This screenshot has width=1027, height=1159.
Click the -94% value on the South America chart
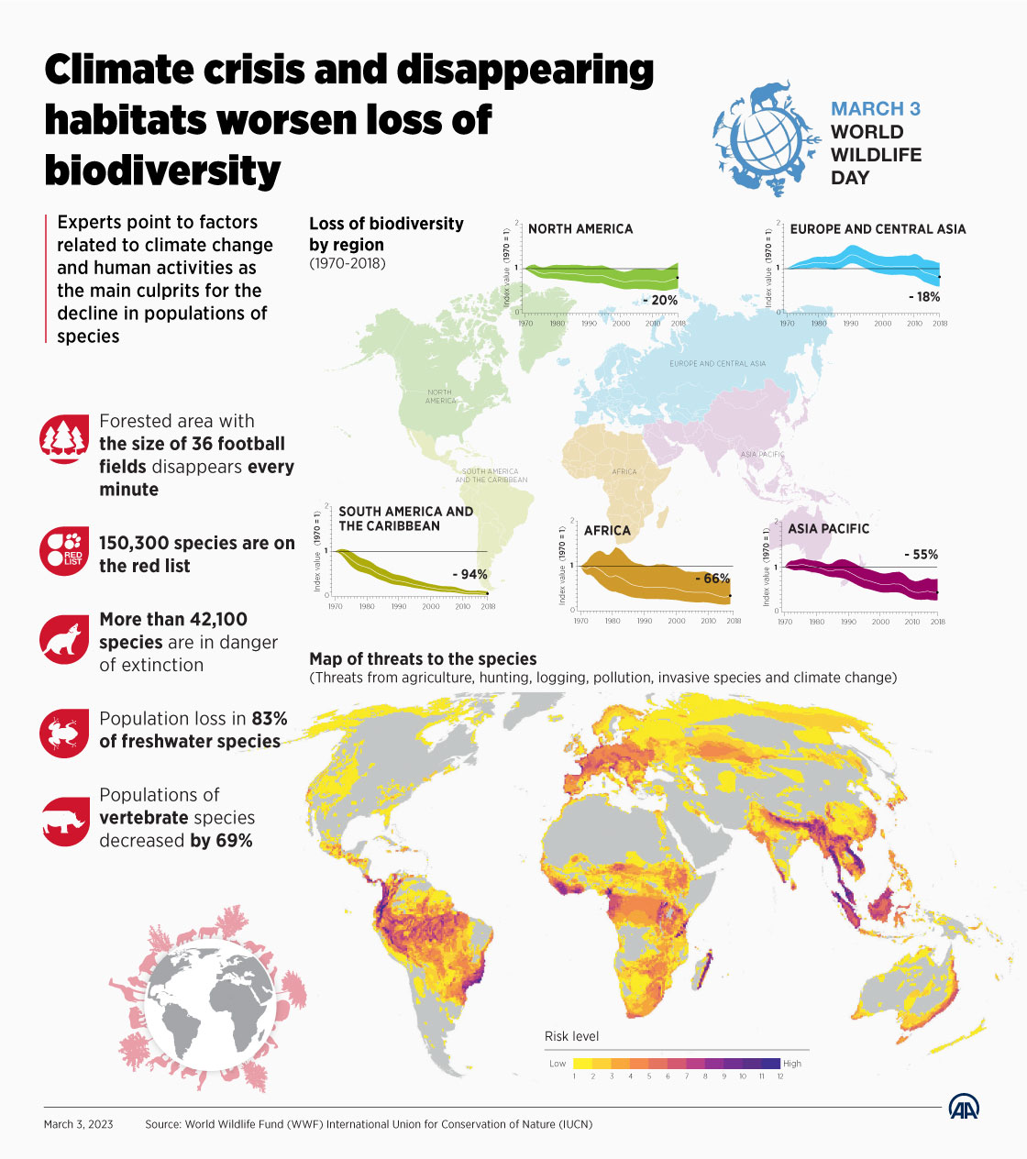point(469,575)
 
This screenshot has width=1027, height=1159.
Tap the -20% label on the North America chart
point(659,300)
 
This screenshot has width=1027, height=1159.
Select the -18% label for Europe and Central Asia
point(923,297)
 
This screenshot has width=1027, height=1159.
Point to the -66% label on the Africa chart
point(712,579)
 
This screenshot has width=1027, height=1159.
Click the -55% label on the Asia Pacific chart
point(921,555)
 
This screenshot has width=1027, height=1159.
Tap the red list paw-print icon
point(64,551)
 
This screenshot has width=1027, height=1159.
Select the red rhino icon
point(64,820)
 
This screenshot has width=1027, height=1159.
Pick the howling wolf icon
point(64,639)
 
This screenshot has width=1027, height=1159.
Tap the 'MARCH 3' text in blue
point(875,109)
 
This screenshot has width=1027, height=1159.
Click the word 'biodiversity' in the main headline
point(162,171)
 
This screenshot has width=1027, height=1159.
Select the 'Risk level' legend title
point(571,1036)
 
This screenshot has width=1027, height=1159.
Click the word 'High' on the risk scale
point(792,1064)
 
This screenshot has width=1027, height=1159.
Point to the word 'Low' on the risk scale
point(558,1064)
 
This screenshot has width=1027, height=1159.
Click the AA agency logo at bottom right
point(964,1107)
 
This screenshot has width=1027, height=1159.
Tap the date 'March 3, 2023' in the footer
point(79,1124)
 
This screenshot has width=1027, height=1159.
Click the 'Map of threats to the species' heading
point(423,658)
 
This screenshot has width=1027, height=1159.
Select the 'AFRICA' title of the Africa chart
point(607,531)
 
